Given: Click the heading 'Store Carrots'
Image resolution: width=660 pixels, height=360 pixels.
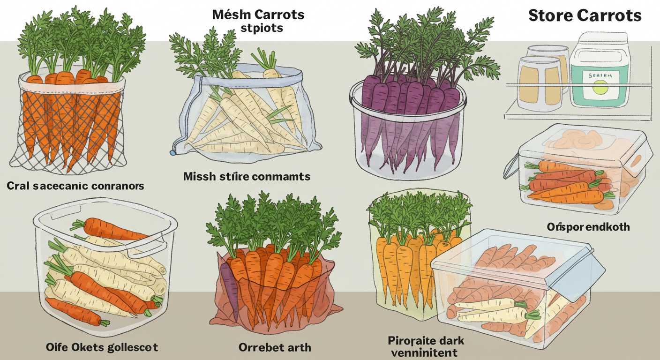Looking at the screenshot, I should click(x=585, y=15).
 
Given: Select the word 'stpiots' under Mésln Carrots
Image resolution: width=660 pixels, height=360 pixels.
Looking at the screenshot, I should click(x=262, y=28).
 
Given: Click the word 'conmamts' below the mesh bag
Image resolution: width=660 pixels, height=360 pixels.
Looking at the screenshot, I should click(x=281, y=177).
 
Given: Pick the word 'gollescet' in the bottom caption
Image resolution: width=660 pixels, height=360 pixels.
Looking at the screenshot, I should click(x=132, y=347).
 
